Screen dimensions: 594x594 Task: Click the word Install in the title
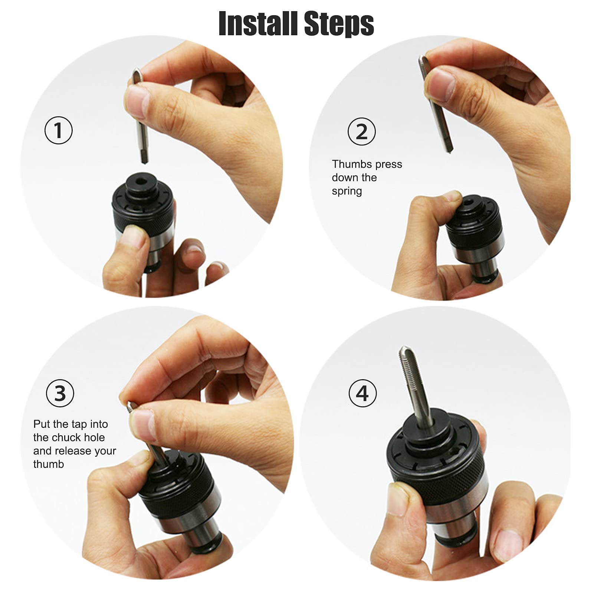point(258,24)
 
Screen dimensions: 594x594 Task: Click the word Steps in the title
point(338,24)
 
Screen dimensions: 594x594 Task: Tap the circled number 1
point(58,130)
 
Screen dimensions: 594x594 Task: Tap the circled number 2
point(361,131)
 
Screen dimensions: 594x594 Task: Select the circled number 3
point(60,393)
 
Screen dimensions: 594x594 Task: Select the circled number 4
point(362,393)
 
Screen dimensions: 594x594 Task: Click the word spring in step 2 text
point(347,191)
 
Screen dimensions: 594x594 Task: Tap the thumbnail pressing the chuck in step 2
point(452,196)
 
